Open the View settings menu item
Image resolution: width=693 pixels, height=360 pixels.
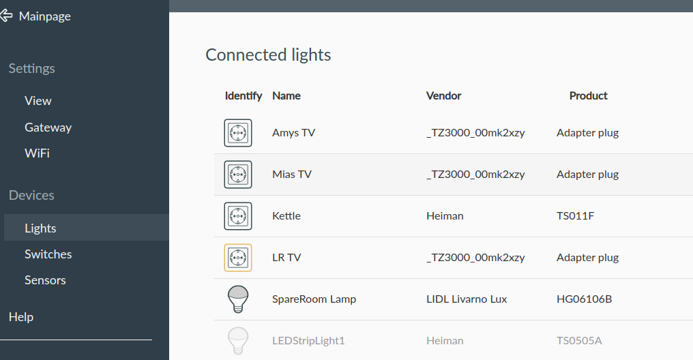38,101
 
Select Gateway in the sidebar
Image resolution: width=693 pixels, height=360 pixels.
48,127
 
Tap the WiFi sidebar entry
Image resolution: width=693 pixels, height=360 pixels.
37,153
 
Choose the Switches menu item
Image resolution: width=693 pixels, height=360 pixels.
48,254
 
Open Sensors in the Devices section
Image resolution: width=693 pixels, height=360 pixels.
45,280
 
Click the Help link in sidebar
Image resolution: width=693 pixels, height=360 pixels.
21,317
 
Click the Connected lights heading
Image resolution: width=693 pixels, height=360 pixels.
268,55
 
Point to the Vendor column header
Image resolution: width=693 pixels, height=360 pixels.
443,96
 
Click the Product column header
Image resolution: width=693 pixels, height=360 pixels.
588,96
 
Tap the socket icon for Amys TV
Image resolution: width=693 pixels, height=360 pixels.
238,133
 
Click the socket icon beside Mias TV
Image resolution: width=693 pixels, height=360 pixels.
238,175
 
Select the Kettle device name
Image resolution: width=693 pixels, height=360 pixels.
286,216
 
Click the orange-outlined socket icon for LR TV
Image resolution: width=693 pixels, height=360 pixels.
238,258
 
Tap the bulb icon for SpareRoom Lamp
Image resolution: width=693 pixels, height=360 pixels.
238,299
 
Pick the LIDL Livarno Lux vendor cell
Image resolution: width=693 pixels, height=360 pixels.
467,299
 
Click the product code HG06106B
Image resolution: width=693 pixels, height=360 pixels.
584,299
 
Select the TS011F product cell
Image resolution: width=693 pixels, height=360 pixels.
575,216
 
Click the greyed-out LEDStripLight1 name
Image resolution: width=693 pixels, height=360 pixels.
308,341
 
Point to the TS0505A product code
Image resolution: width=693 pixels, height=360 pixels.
579,341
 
